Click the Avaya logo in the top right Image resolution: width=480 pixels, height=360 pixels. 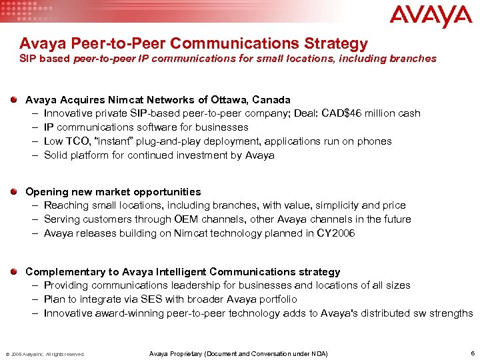click(430, 16)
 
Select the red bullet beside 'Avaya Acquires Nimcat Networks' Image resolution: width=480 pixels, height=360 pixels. click(15, 99)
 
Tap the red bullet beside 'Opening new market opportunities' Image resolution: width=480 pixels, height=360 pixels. click(15, 191)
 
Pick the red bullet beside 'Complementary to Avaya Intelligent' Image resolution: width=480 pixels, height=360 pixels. click(15, 271)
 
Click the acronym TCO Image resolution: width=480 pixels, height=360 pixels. click(77, 141)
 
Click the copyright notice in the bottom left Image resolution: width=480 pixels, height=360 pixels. click(45, 354)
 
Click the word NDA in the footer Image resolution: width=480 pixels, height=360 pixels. click(319, 353)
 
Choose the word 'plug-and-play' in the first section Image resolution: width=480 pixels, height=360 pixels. click(171, 141)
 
